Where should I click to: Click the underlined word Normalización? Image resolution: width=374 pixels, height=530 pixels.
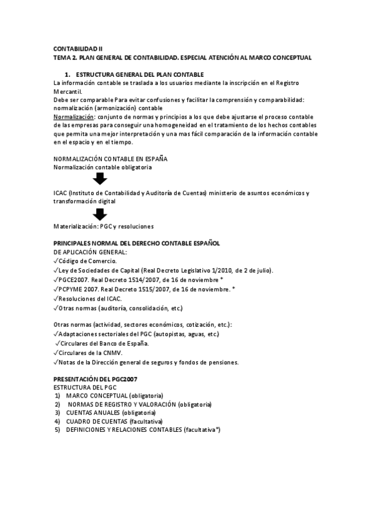[x=73, y=116]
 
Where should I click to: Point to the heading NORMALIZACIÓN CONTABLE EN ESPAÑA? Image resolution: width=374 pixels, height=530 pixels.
[x=111, y=159]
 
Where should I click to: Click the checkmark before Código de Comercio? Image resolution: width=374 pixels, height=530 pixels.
[x=56, y=261]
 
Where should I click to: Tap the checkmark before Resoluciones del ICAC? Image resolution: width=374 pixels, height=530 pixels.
[x=56, y=298]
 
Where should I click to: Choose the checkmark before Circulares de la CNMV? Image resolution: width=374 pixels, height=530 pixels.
[x=56, y=352]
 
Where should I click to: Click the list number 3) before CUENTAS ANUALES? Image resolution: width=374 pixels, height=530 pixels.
[x=57, y=412]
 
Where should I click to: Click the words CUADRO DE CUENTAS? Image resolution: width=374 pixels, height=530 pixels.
[x=93, y=421]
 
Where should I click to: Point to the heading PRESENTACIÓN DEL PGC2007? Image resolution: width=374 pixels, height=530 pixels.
[x=96, y=379]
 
